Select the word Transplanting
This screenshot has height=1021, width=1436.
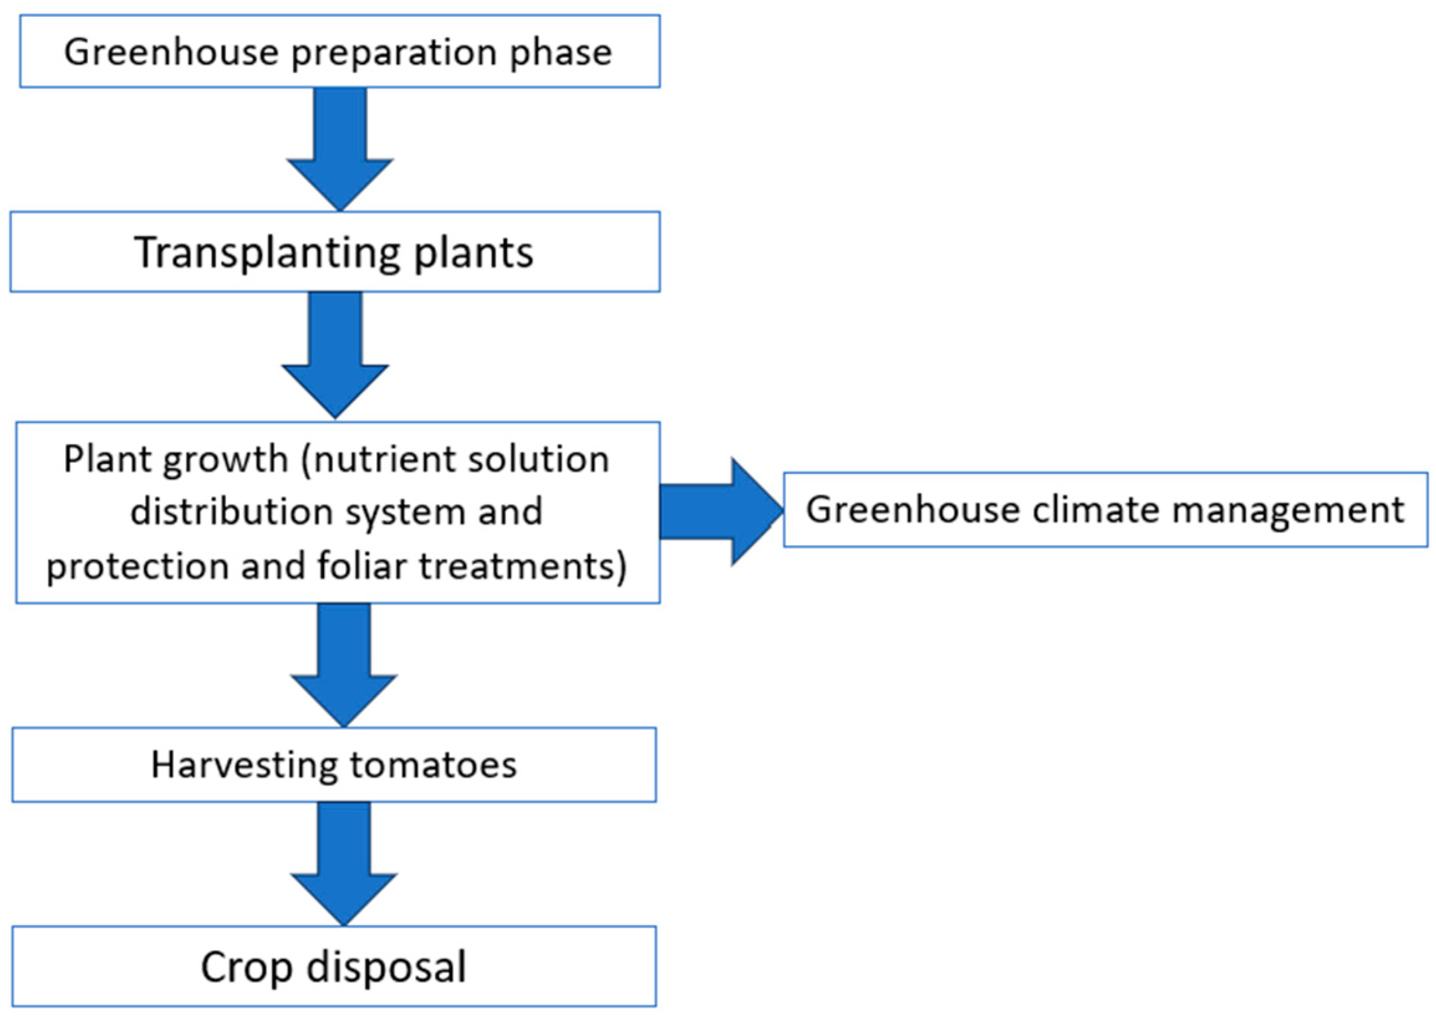267,253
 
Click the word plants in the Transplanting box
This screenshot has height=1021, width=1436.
473,253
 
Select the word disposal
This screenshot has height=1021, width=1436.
386,967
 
